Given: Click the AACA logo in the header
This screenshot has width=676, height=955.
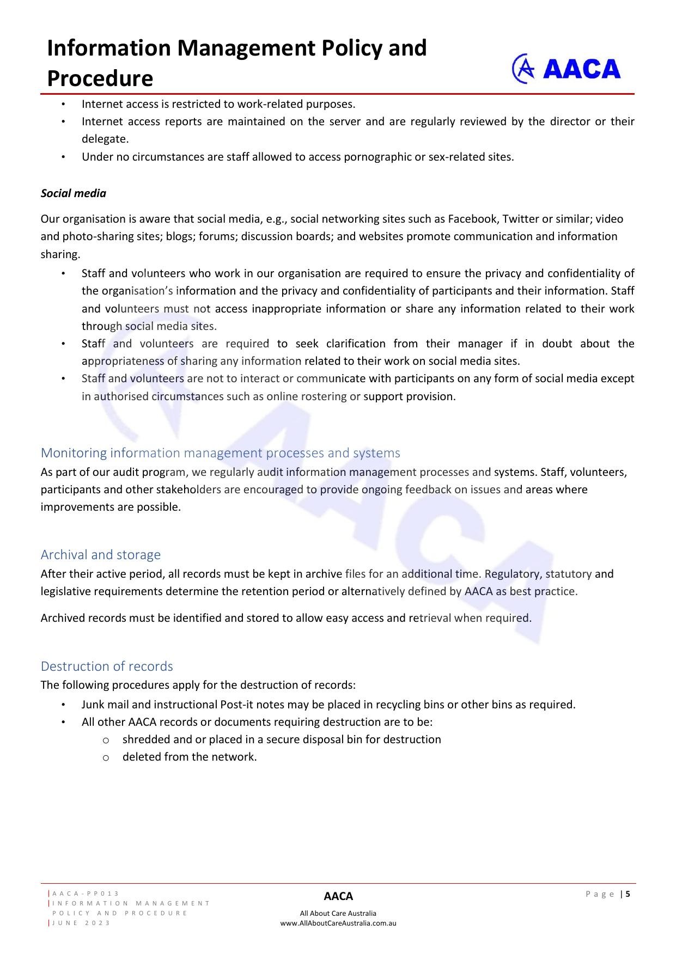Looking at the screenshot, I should [x=567, y=69].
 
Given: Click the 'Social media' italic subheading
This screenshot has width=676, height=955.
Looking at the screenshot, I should [x=74, y=193].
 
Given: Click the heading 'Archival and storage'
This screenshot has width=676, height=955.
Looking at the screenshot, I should [x=101, y=555].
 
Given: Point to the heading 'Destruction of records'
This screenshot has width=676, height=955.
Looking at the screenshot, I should [x=107, y=666].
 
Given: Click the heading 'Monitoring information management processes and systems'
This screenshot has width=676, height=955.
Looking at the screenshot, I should [x=220, y=453].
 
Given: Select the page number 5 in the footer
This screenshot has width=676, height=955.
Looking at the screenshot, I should [x=628, y=894].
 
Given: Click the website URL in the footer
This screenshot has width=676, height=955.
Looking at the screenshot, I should [x=338, y=923].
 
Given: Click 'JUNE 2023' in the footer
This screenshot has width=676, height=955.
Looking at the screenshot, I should [x=81, y=923].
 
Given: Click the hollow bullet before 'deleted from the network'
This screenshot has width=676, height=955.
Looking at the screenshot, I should [x=106, y=757].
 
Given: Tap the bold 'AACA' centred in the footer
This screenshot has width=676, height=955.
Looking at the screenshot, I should [x=338, y=896].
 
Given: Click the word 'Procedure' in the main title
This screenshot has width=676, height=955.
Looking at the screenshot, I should [x=100, y=78].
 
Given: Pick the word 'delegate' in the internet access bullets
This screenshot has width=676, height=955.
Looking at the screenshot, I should [x=105, y=139].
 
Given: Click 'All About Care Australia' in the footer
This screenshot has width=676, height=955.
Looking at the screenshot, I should [x=338, y=914].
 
